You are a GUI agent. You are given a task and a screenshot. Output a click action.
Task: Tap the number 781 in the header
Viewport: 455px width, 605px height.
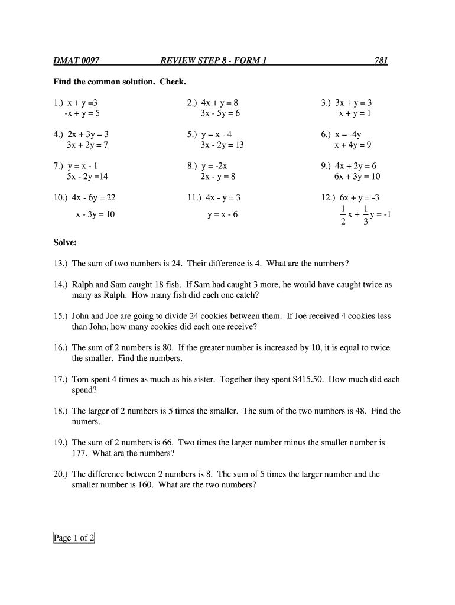(x=381, y=61)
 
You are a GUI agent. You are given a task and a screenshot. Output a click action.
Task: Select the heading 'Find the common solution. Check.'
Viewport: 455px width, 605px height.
(x=120, y=82)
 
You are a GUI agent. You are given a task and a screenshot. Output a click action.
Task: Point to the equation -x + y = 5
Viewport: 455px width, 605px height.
(x=83, y=113)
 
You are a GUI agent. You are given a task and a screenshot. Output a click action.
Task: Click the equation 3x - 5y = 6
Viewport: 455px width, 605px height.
(x=220, y=113)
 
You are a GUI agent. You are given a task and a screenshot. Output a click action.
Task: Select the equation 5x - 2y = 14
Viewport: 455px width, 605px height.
(x=87, y=177)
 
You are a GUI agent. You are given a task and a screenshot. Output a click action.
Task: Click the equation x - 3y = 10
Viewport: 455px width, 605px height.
(x=95, y=214)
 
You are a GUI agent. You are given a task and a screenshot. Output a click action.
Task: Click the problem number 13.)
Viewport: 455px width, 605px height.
(x=61, y=263)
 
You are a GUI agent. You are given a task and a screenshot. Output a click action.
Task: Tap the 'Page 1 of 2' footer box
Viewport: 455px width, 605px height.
(x=74, y=538)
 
